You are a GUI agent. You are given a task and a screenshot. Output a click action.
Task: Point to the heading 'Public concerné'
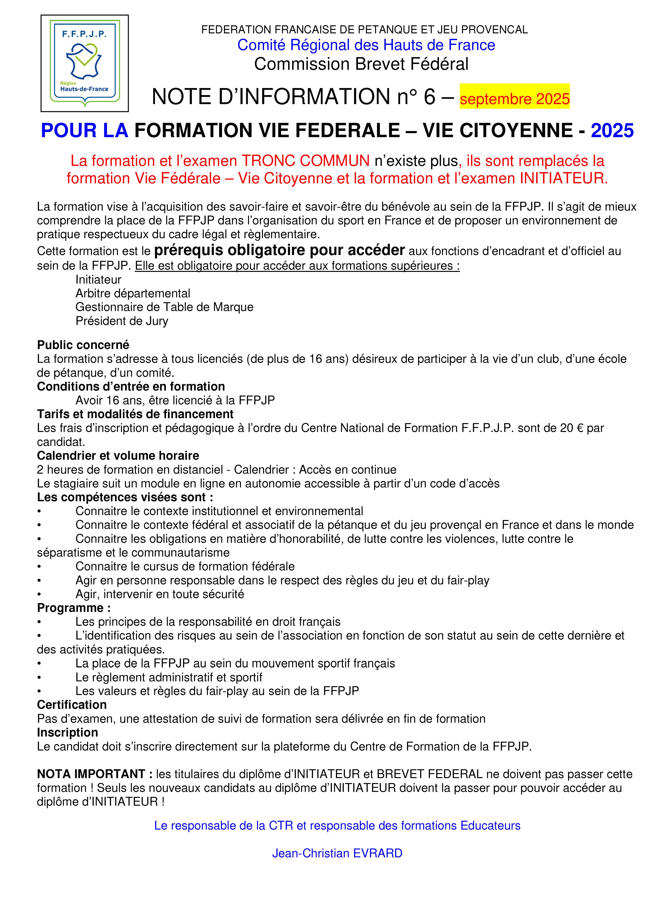(83, 345)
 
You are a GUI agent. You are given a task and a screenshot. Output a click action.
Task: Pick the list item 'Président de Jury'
(122, 321)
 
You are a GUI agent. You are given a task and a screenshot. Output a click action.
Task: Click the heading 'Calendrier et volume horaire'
(118, 456)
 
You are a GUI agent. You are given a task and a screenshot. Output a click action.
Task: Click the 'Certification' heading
(72, 705)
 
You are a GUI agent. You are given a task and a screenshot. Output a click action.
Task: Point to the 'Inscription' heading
(67, 733)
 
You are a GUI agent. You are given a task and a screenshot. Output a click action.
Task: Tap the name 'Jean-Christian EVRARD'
(337, 853)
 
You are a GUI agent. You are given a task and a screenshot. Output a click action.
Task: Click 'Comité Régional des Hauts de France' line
(366, 45)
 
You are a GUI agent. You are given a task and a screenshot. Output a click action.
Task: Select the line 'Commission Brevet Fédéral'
(361, 64)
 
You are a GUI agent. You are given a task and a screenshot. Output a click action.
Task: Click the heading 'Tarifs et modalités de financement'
(135, 414)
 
